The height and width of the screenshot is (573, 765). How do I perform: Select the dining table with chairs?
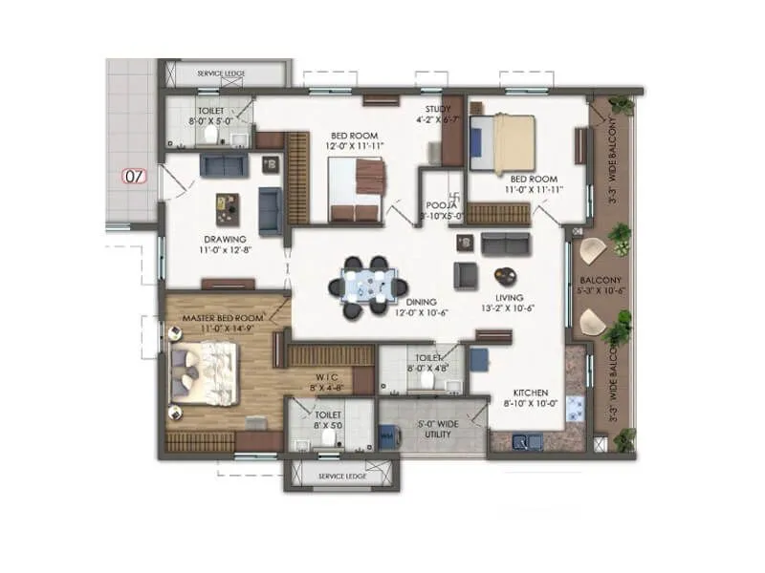click(x=365, y=284)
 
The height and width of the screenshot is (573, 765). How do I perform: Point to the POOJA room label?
click(x=441, y=204)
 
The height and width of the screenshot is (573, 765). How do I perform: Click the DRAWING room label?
click(x=225, y=239)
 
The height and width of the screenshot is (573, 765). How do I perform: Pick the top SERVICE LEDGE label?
click(x=221, y=74)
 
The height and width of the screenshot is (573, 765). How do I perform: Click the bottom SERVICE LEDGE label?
click(x=341, y=476)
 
